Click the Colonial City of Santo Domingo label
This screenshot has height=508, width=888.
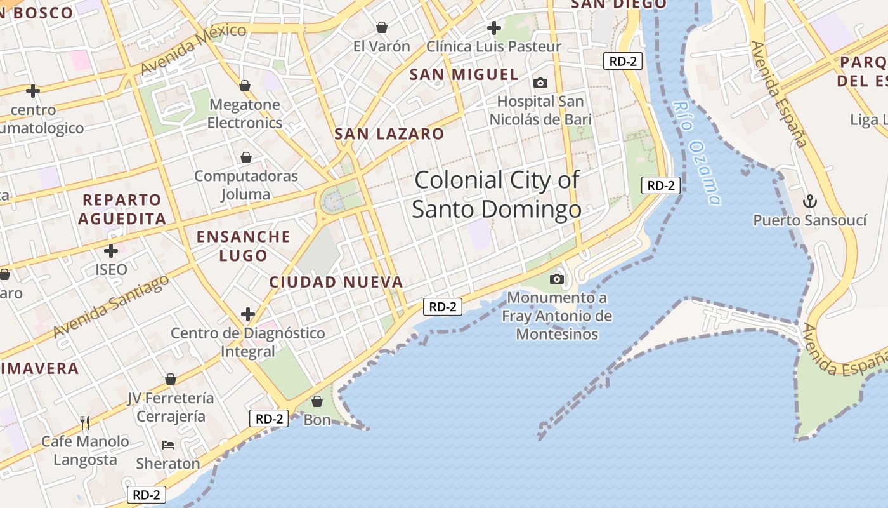[497, 194]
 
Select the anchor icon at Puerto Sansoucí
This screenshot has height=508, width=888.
[809, 202]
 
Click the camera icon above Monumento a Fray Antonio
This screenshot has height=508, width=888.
[557, 279]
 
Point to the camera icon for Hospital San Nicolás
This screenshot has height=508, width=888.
[540, 83]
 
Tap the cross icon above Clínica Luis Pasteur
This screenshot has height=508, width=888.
[493, 28]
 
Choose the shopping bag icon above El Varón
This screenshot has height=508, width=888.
[382, 27]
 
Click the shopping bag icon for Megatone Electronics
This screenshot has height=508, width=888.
[245, 86]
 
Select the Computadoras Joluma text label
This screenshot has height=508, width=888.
[246, 185]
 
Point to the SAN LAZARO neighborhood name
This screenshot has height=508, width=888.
[389, 134]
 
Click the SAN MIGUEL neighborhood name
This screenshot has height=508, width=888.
[464, 75]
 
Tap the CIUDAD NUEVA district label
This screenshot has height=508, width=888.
[336, 282]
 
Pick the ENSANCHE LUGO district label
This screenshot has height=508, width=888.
[244, 246]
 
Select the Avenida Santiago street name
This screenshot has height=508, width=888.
[112, 306]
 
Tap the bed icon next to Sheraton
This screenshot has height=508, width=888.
[168, 444]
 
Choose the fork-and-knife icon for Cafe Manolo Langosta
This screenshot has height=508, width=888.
[85, 422]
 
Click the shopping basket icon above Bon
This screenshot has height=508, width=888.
[317, 401]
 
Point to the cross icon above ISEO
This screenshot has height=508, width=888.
[111, 251]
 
